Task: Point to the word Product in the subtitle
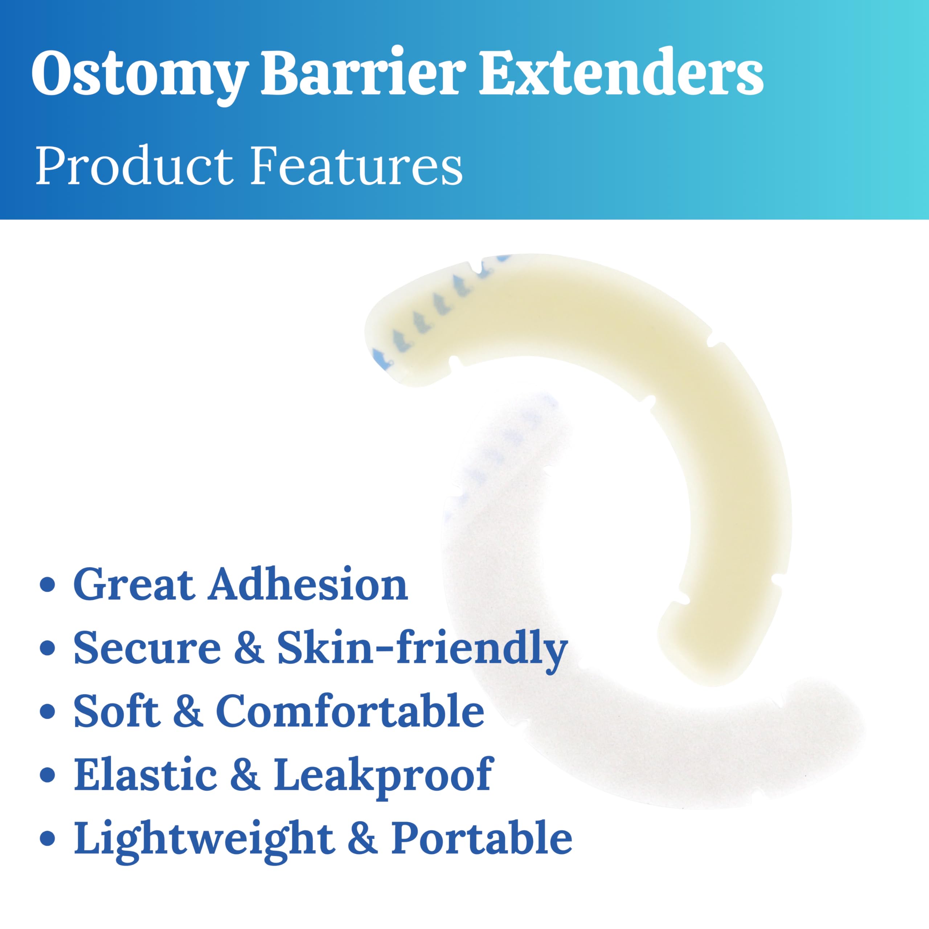[x=134, y=165]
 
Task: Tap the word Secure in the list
[x=147, y=648]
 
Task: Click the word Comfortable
[x=350, y=711]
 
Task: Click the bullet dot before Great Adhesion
[x=47, y=587]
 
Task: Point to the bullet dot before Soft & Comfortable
[x=47, y=713]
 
